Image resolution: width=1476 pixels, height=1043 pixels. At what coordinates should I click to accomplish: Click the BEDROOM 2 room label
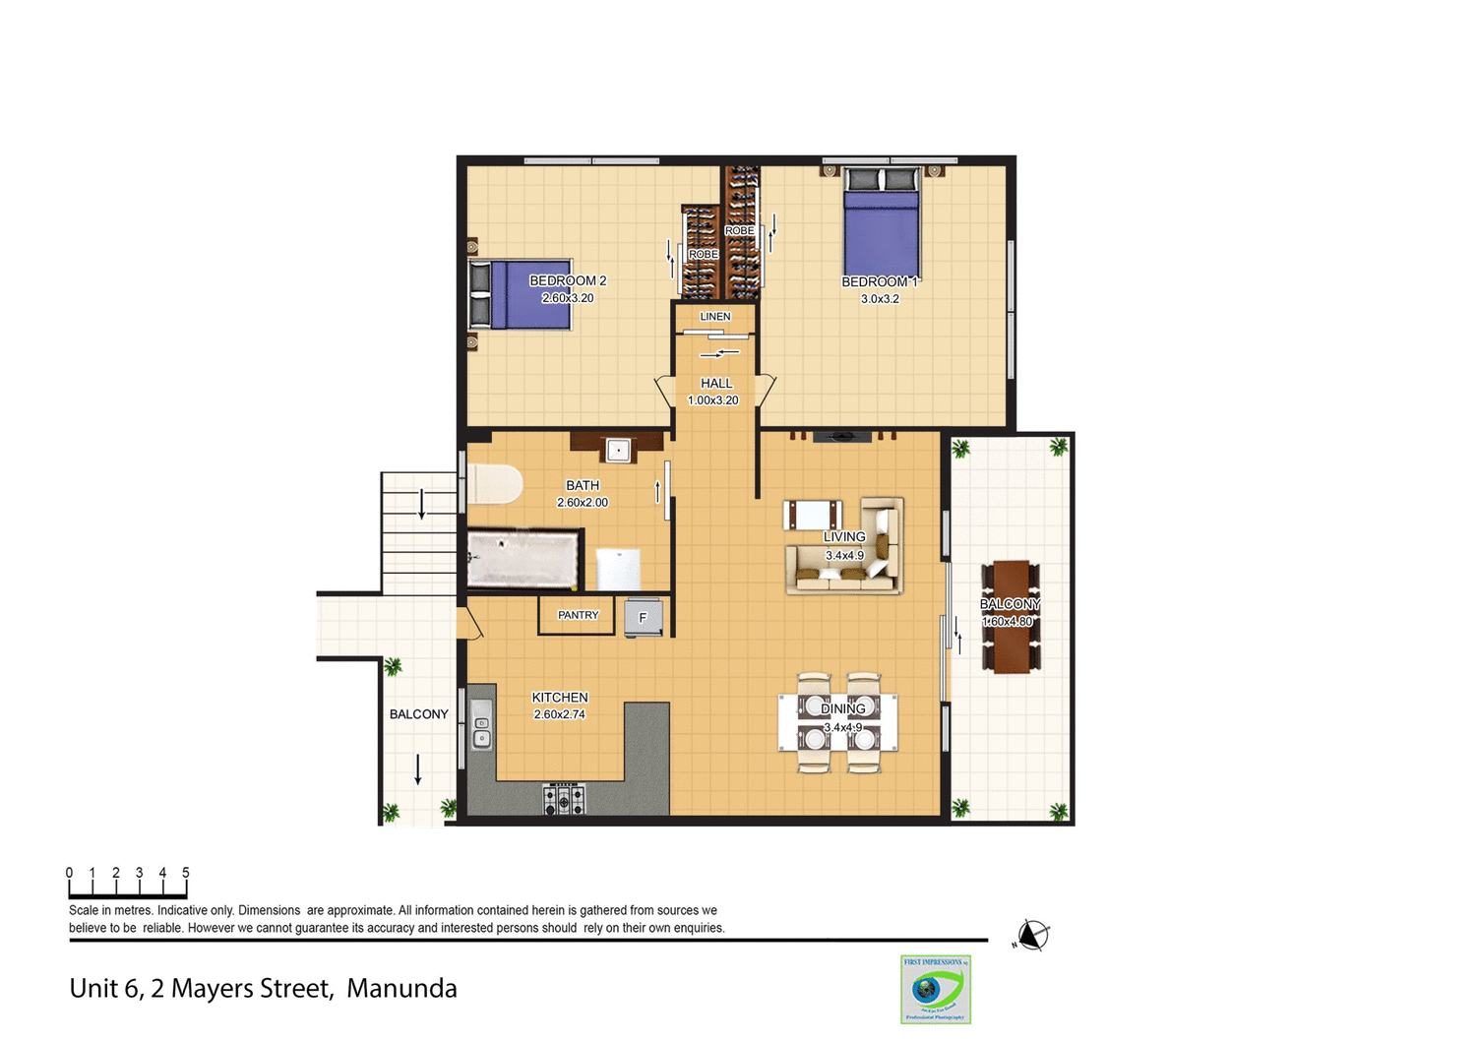[568, 281]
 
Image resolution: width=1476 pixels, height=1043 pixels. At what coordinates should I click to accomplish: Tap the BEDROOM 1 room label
[879, 282]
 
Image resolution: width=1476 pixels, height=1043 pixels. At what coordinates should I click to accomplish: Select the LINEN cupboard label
[715, 317]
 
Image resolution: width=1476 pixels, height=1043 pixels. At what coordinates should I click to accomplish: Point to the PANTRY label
[578, 615]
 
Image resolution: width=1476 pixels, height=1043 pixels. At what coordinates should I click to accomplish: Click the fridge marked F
[643, 618]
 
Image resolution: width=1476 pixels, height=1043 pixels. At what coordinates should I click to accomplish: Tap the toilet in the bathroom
[495, 484]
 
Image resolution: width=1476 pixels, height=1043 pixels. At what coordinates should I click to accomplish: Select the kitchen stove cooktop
[564, 799]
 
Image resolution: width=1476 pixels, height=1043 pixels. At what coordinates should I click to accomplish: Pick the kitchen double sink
[481, 725]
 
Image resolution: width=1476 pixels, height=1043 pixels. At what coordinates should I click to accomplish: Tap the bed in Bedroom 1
[882, 226]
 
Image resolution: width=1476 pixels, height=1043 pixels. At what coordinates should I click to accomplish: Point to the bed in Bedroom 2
[522, 293]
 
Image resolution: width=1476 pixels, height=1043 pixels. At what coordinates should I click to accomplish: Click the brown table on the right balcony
[1011, 618]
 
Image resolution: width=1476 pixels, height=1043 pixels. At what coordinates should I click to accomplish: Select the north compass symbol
[1031, 935]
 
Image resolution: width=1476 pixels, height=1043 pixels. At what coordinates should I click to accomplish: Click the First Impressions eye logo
[935, 989]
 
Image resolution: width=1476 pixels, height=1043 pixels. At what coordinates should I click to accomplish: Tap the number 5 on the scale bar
[185, 873]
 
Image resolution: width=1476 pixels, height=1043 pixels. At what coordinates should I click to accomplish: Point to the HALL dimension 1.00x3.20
[712, 400]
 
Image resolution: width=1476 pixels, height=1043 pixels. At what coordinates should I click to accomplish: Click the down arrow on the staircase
[422, 504]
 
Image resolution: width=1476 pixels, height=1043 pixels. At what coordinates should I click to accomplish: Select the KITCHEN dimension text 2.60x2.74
[559, 714]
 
